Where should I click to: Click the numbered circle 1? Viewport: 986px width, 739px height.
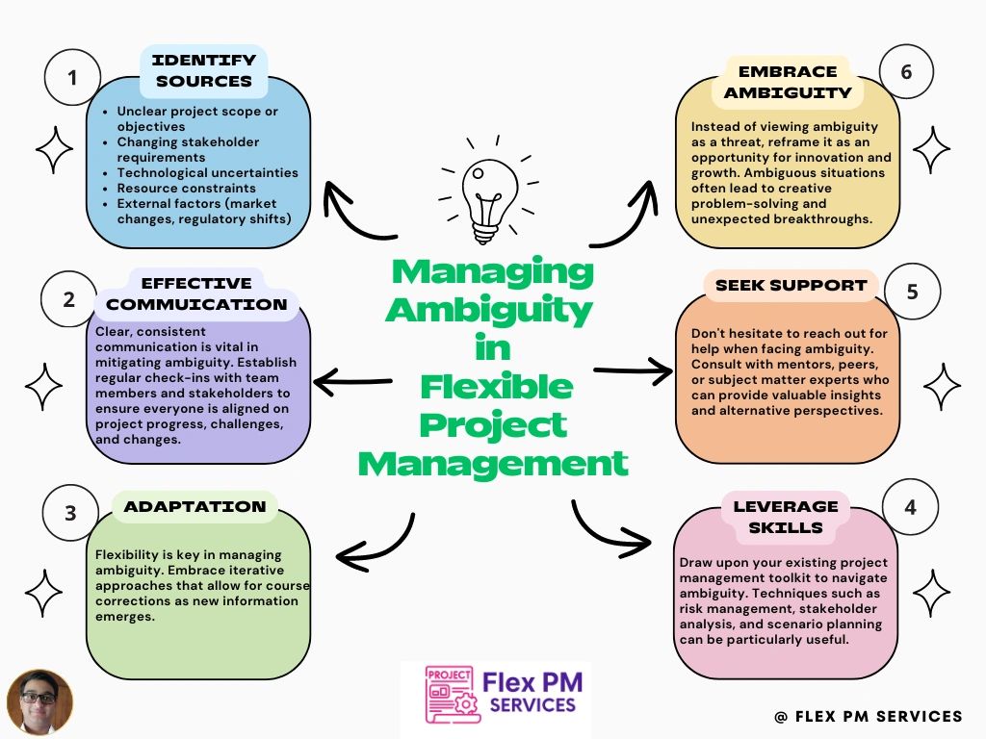point(72,75)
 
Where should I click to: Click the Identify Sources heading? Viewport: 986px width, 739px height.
point(204,70)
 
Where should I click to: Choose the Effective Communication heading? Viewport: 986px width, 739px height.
point(196,293)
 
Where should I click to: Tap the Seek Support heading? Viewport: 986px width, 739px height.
point(791,286)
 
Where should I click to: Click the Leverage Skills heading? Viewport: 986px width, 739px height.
point(786,516)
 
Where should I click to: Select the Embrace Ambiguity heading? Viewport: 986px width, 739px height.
point(788,82)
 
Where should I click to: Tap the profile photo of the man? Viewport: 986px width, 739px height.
point(39,702)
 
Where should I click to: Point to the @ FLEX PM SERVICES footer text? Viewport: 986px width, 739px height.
point(868,716)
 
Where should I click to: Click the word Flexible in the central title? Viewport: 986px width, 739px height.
point(496,388)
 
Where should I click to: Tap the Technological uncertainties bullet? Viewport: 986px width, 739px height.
point(207,172)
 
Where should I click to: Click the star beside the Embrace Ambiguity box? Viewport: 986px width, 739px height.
point(931,151)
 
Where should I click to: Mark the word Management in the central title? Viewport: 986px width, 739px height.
point(493,464)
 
